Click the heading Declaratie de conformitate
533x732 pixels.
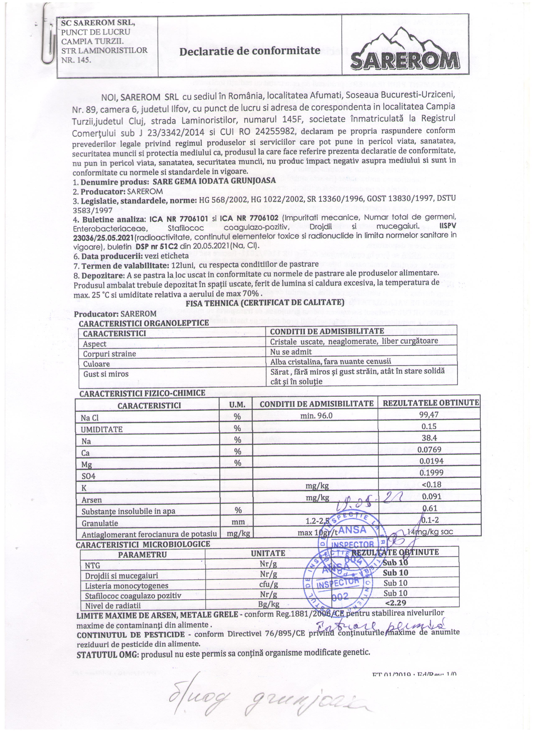(250, 51)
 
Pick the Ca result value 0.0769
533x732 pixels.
(429, 449)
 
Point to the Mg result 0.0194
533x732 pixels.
(429, 461)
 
